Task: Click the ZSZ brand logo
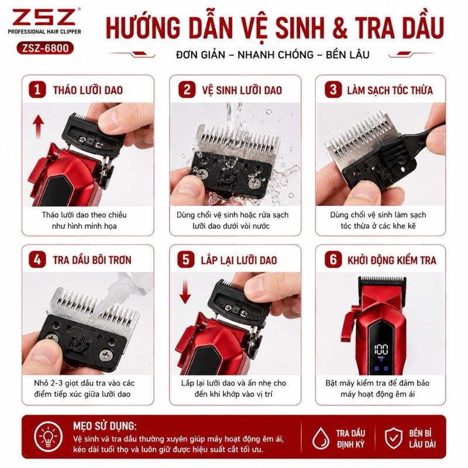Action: click(x=44, y=17)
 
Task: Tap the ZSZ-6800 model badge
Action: click(x=45, y=48)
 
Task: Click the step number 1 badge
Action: click(x=37, y=90)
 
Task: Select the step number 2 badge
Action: click(x=187, y=90)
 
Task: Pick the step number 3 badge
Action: click(x=333, y=90)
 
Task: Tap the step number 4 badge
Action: click(x=37, y=259)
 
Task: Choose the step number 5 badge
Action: click(x=185, y=259)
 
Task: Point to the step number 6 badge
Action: click(x=333, y=259)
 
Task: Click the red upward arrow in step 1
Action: click(x=38, y=127)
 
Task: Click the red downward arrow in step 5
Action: click(x=185, y=292)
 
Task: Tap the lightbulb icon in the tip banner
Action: click(x=49, y=436)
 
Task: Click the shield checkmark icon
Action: click(x=393, y=438)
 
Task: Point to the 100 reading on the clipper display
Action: click(x=381, y=349)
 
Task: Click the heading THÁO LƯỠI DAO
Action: click(x=88, y=90)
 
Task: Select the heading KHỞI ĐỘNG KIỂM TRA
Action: click(x=391, y=260)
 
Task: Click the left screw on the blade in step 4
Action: click(x=51, y=338)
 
